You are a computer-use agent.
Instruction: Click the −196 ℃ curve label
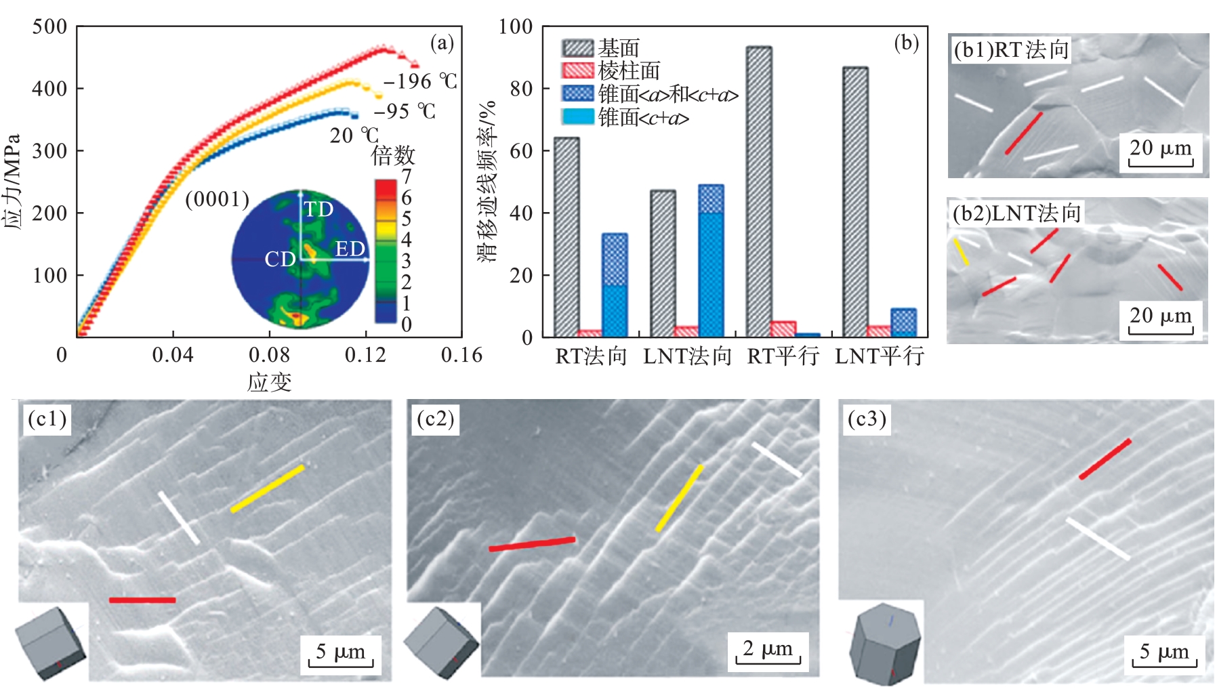pyautogui.click(x=420, y=82)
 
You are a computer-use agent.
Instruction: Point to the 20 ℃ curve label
pyautogui.click(x=353, y=135)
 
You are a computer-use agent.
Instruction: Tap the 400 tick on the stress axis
pyautogui.click(x=49, y=89)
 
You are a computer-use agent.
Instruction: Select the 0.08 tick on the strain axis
pyautogui.click(x=269, y=355)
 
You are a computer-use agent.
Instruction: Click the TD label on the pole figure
pyautogui.click(x=318, y=209)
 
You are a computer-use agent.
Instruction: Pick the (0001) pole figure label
pyautogui.click(x=217, y=199)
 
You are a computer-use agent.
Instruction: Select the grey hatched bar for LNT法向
pyautogui.click(x=663, y=264)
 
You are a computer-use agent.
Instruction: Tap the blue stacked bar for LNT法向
pyautogui.click(x=711, y=261)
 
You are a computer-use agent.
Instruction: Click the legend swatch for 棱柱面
pyautogui.click(x=577, y=70)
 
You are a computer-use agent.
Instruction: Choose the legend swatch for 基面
pyautogui.click(x=577, y=48)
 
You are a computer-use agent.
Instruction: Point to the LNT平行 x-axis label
pyautogui.click(x=879, y=356)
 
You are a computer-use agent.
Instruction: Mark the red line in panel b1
pyautogui.click(x=1023, y=133)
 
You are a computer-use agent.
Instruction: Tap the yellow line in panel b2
pyautogui.click(x=961, y=251)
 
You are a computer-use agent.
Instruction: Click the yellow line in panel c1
pyautogui.click(x=267, y=488)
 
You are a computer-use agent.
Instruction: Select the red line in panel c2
pyautogui.click(x=532, y=544)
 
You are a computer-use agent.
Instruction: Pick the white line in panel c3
pyautogui.click(x=1098, y=539)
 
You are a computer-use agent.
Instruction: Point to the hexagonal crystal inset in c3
pyautogui.click(x=884, y=642)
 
